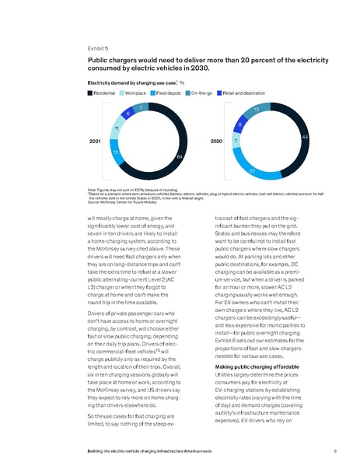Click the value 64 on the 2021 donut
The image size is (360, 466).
point(180,158)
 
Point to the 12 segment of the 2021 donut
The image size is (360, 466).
point(116,153)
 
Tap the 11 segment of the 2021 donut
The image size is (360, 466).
point(116,128)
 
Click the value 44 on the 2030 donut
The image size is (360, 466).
point(304,137)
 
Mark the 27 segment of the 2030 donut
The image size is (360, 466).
point(253,170)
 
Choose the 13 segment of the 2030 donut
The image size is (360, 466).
point(256,110)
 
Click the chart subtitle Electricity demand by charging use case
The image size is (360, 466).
point(130,81)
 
